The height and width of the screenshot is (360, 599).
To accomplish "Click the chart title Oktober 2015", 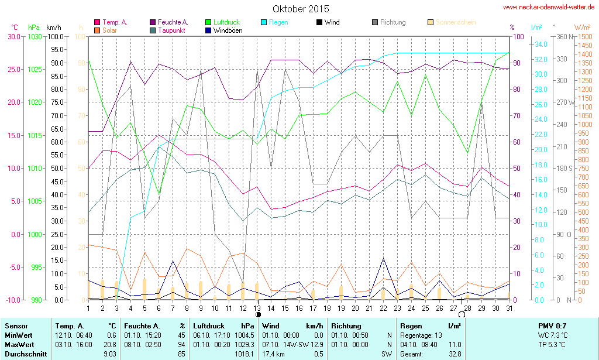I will point(301,9).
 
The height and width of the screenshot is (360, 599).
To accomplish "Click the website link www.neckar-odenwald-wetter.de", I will point(549,8).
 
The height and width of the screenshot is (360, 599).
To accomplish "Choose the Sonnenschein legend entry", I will point(456,22).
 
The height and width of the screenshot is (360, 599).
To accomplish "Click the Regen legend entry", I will point(278,22).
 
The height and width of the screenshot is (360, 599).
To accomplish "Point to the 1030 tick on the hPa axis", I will point(35,36).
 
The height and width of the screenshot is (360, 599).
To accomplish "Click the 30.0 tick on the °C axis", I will point(13,36).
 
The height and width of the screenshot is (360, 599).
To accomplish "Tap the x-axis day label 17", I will point(313,308).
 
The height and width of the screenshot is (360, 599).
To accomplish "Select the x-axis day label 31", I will point(510,308).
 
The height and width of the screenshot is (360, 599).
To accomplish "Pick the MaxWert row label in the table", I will point(20,345).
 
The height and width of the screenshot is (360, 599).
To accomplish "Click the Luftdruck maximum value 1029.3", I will point(245,345).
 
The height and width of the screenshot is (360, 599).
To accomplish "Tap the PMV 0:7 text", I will point(552,325).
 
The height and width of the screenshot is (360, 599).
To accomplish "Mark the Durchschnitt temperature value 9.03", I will point(109,354).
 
